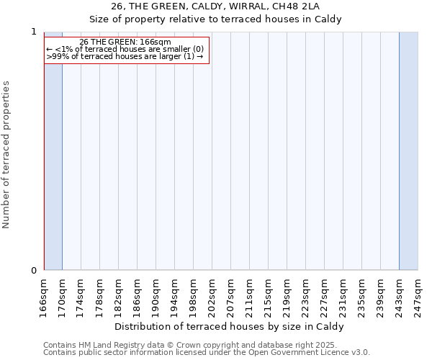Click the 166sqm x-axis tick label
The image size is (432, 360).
44,294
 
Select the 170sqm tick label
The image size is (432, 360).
63,294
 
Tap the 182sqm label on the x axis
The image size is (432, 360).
119,294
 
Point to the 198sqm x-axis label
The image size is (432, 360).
194,294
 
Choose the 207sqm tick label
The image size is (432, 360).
231,294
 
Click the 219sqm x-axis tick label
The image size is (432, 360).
287,294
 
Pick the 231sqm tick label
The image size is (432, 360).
343,294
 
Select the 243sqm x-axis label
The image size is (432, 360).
400,294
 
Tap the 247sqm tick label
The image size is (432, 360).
418,294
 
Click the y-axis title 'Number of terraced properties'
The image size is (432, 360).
6,155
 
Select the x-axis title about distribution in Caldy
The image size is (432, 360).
230,326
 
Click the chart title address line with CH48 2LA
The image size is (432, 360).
230,6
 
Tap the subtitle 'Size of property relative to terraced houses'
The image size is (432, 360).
230,19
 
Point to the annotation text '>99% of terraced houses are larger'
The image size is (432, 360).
125,56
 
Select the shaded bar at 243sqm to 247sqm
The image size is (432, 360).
408,151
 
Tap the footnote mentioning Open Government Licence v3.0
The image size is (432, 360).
207,353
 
